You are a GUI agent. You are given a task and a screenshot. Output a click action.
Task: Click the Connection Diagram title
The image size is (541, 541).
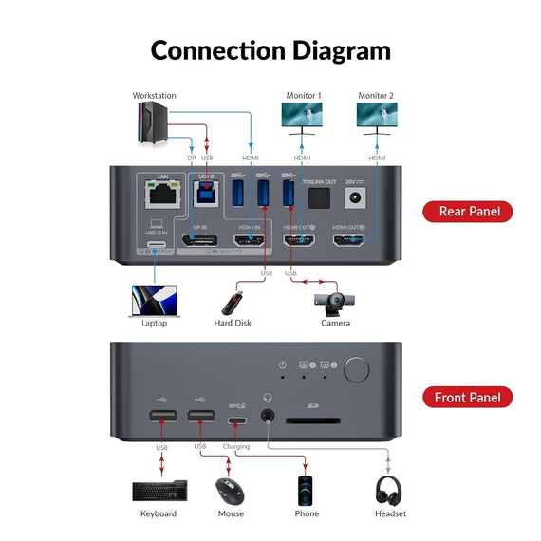(270, 49)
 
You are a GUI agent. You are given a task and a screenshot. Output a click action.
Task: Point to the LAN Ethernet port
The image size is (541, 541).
(155, 195)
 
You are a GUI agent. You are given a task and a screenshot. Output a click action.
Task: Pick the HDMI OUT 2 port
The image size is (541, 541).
(348, 240)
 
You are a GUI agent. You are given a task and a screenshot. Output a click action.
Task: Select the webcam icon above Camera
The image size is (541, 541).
(335, 303)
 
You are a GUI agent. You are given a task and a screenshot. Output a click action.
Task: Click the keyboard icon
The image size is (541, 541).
(159, 491)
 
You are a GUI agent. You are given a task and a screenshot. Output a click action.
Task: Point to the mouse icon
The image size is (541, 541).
(231, 492)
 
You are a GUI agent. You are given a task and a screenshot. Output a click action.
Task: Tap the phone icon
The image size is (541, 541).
(306, 491)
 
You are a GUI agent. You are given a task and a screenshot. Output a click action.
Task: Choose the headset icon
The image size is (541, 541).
(389, 491)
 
